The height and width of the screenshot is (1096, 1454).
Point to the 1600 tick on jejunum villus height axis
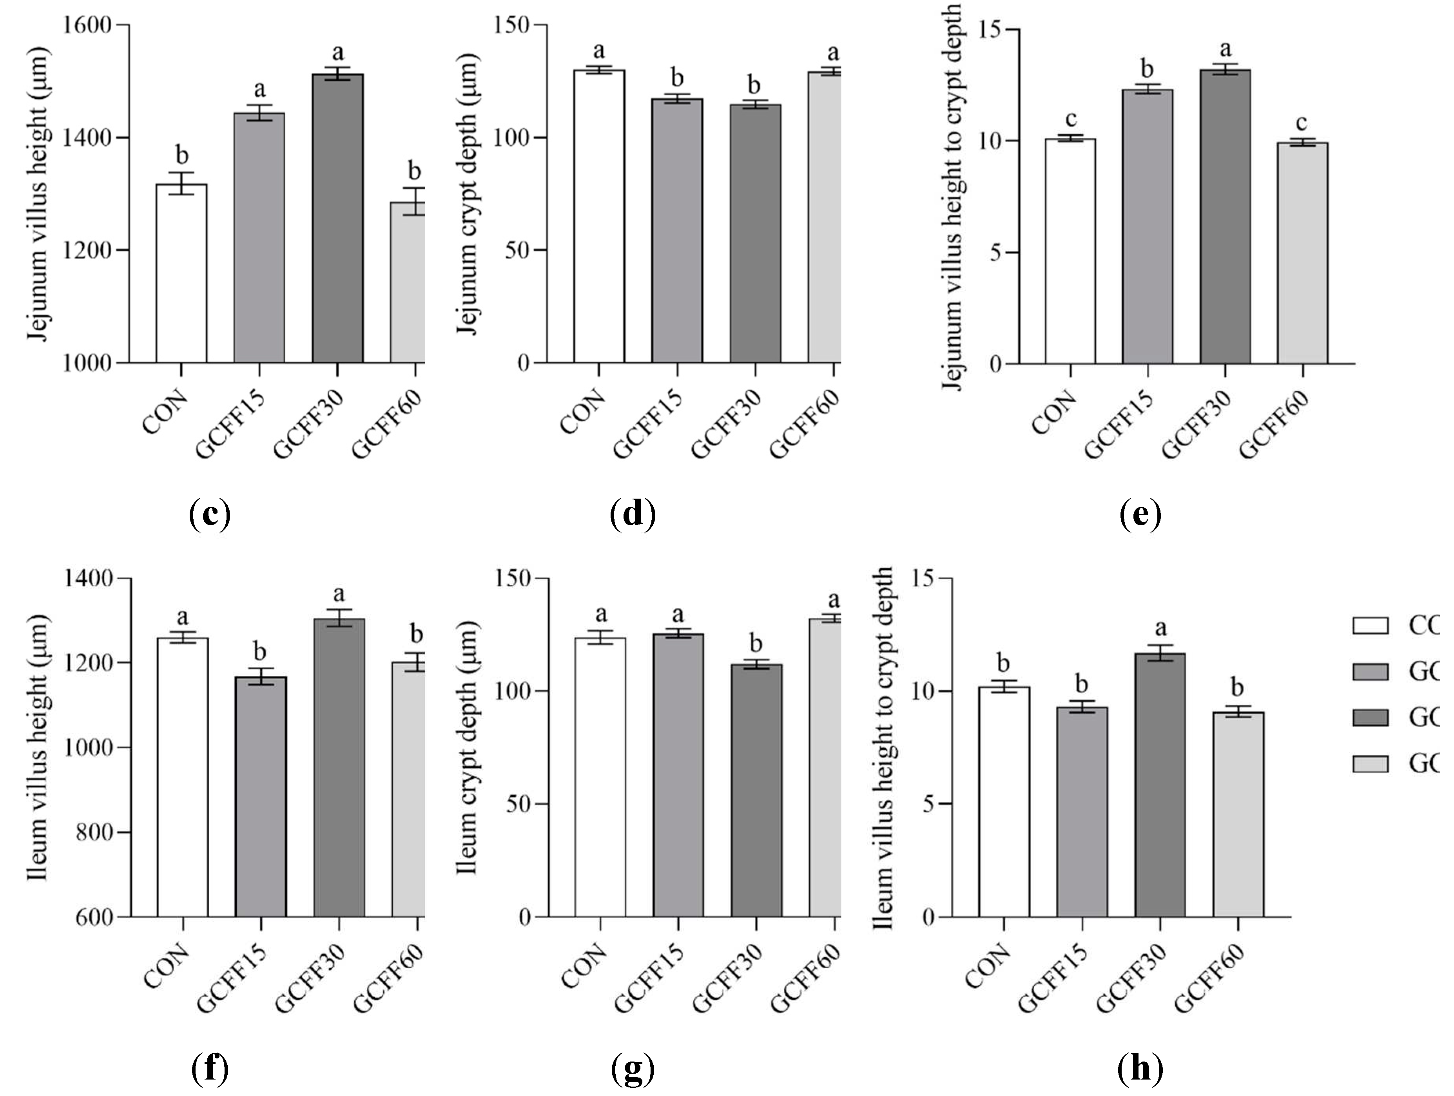click(95, 25)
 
